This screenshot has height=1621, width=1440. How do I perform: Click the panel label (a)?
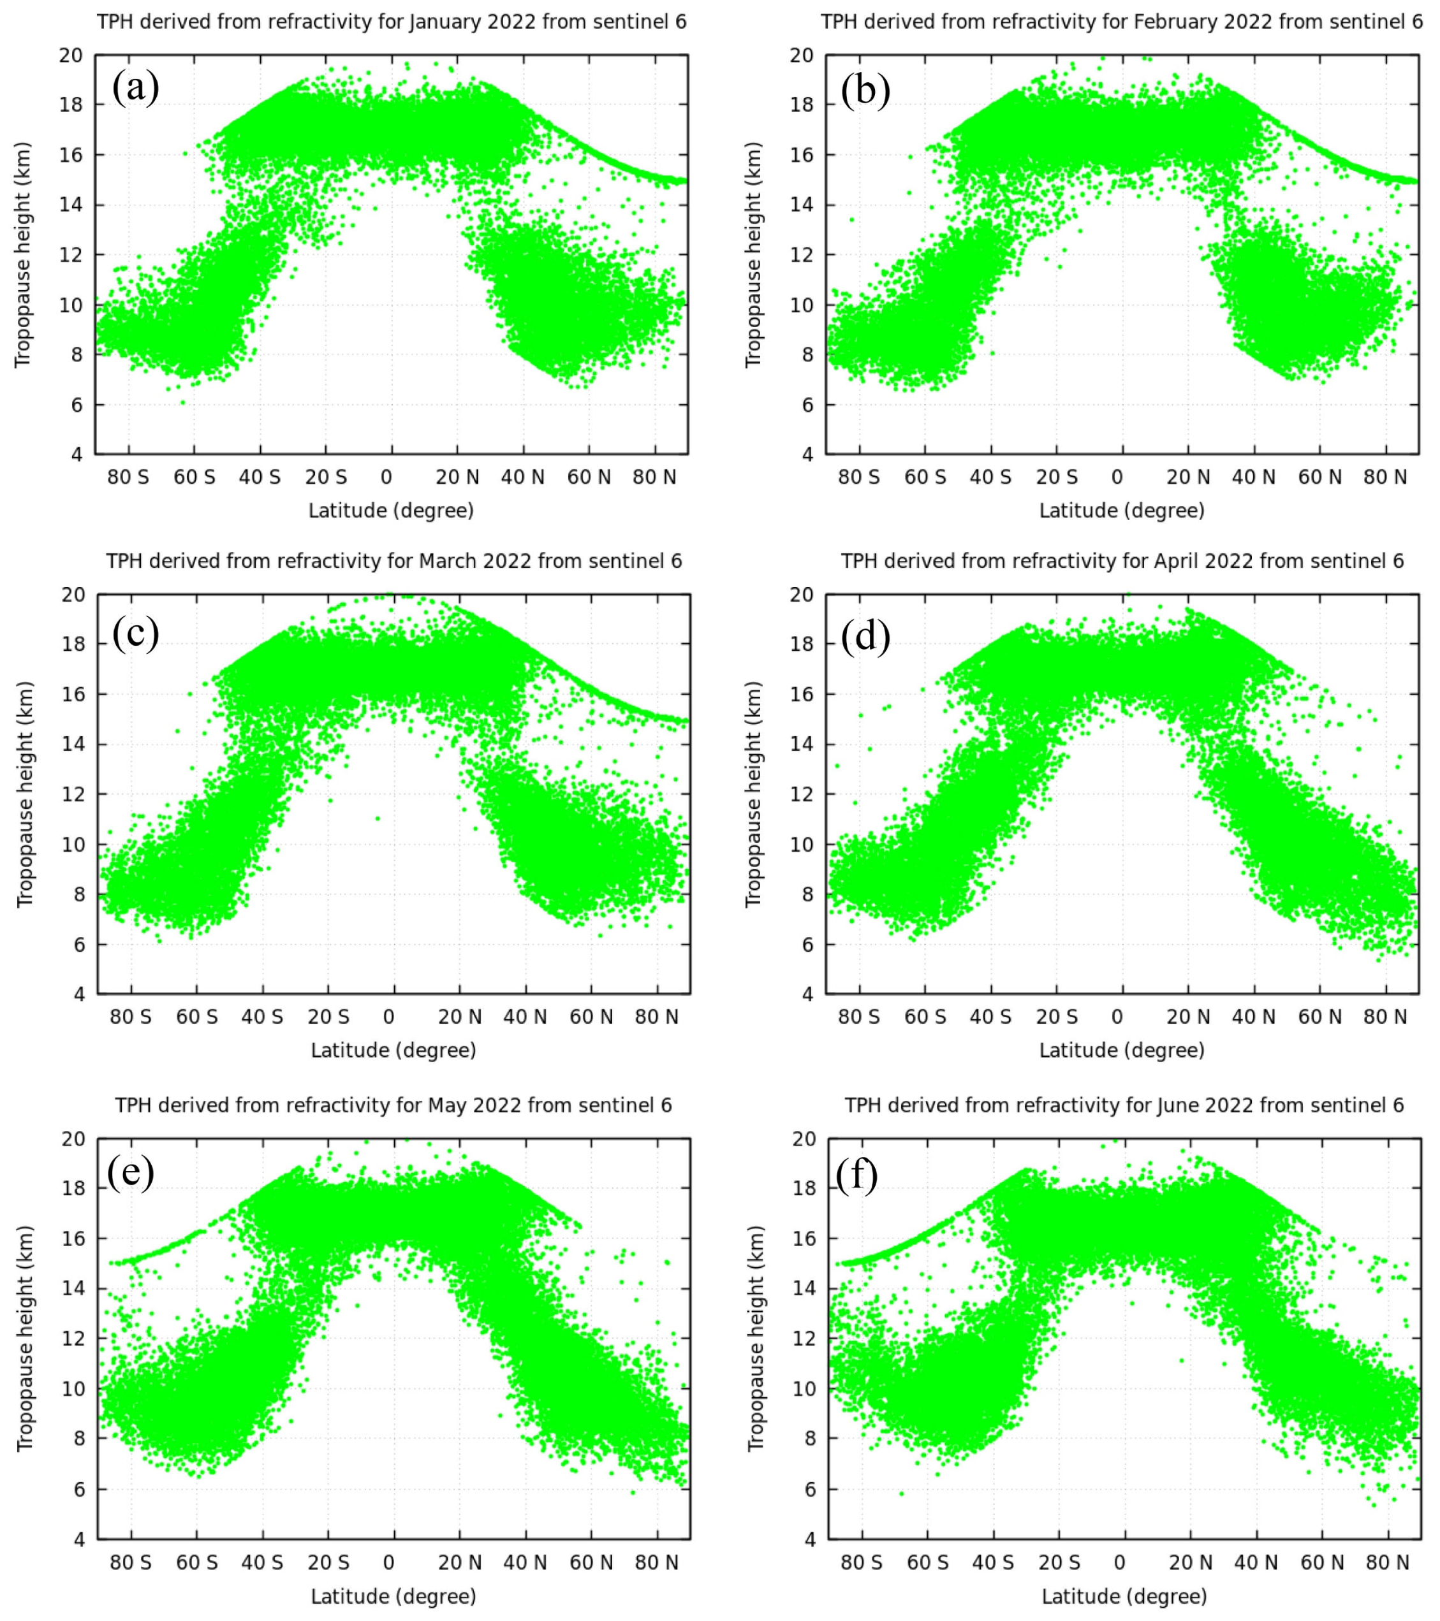point(136,88)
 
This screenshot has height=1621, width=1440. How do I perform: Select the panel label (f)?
point(858,1176)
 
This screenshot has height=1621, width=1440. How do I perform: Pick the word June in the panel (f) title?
point(1179,1105)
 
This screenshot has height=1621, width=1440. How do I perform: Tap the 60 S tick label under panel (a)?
point(195,477)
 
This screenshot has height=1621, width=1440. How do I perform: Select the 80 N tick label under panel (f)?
point(1388,1562)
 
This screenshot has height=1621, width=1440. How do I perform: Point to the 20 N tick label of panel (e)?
point(460,1562)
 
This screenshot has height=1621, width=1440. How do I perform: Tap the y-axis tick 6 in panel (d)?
point(807,945)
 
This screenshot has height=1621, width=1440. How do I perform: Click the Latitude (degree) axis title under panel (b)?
point(1122,511)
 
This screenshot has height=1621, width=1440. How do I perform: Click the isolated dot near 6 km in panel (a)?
point(182,402)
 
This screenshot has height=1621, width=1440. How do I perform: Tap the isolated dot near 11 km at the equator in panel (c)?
point(378,818)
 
